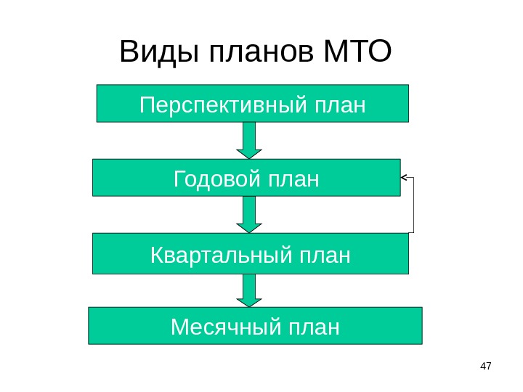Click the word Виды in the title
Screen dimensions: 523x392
click(x=159, y=52)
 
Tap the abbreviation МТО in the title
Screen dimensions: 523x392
click(x=356, y=52)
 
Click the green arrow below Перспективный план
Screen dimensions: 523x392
click(x=249, y=139)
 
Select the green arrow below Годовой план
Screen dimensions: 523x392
click(x=249, y=214)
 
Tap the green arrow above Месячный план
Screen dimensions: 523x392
click(x=249, y=290)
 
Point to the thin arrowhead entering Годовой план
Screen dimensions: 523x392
click(x=405, y=177)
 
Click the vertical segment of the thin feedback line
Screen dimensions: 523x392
click(x=413, y=205)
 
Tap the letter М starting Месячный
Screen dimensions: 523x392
click(x=179, y=327)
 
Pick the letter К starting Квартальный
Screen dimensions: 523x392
click(x=157, y=256)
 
